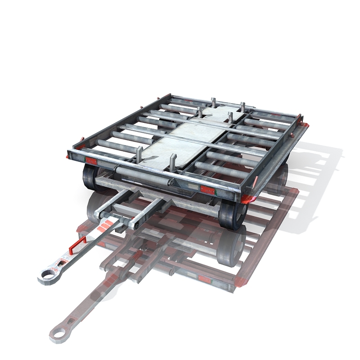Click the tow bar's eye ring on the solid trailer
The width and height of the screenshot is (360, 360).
46,275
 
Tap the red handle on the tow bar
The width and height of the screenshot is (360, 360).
77,245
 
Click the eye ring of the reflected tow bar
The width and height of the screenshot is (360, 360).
58,333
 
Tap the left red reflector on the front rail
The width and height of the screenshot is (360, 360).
91,161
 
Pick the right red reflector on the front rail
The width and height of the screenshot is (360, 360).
207,189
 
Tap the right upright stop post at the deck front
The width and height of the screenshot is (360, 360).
172,162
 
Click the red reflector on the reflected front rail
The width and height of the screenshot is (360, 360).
205,279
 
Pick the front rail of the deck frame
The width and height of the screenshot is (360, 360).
153,173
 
